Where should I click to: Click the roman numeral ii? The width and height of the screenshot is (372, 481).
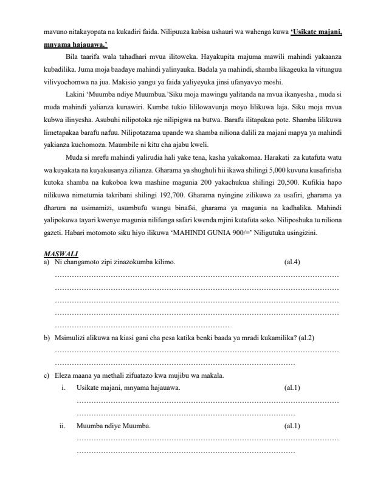(x=63, y=425)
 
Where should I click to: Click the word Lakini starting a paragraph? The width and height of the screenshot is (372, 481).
(x=74, y=96)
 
